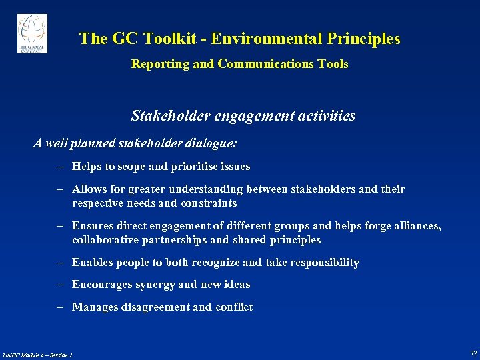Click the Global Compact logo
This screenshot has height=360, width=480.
click(x=32, y=33)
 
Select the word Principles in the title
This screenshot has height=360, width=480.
click(x=363, y=39)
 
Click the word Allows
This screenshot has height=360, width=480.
click(x=89, y=189)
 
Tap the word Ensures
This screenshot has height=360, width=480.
click(x=93, y=226)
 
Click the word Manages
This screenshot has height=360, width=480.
click(x=93, y=307)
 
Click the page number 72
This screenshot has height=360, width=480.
click(x=473, y=353)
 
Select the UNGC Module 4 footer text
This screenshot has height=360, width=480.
click(x=37, y=355)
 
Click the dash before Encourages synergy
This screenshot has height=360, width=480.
click(x=60, y=285)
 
